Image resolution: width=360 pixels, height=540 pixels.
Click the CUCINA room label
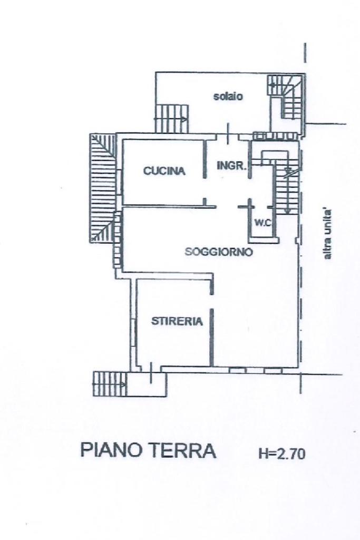164,171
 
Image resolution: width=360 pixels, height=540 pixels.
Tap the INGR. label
231,166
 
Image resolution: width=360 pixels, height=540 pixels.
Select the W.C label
262,223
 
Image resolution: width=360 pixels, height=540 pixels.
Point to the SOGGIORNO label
219,252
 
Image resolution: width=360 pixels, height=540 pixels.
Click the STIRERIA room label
177,321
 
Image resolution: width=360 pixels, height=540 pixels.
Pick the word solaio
228,97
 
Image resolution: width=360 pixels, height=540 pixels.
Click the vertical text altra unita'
328,235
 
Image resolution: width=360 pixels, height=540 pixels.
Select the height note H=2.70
281,454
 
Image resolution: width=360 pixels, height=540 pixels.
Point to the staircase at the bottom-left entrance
110,384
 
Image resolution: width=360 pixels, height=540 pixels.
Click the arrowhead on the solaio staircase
184,119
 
